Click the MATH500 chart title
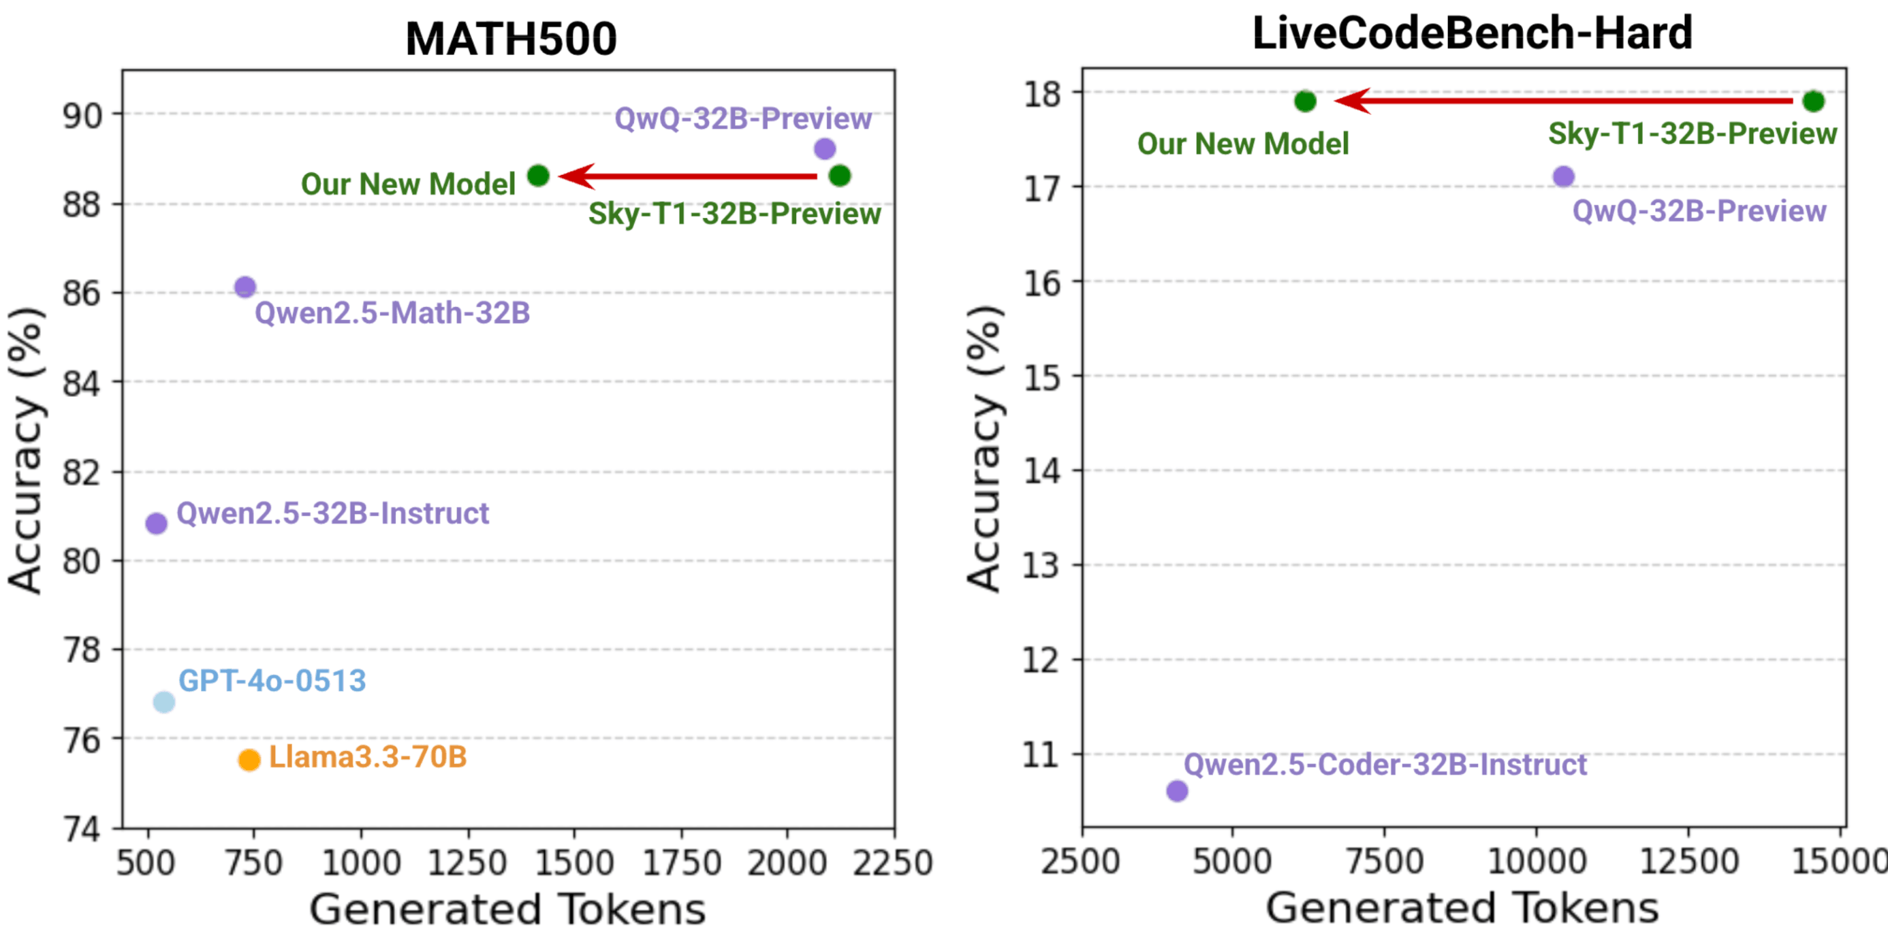[511, 38]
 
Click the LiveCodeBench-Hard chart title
[1472, 33]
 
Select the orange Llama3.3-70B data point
[249, 760]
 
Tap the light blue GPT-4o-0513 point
[164, 702]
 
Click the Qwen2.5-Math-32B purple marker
[245, 287]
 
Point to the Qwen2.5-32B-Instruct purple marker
[156, 524]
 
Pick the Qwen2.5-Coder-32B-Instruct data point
[1177, 790]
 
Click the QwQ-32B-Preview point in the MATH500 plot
[825, 149]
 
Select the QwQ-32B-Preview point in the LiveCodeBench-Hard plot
[1563, 176]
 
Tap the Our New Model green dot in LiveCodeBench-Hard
[1304, 101]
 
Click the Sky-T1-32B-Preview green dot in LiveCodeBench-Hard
[1813, 101]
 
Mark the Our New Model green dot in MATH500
[538, 176]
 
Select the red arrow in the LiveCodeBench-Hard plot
[1561, 100]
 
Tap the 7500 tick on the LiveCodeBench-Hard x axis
[1385, 861]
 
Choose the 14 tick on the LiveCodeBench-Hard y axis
[1041, 470]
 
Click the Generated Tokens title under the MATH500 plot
[507, 910]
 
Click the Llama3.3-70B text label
[368, 757]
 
